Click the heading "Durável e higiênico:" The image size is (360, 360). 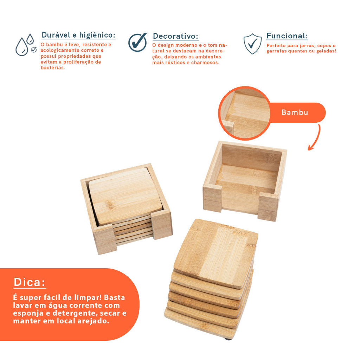point(78,35)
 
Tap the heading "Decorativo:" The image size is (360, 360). point(175,36)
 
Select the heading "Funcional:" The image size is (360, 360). point(287,36)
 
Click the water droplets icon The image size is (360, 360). point(26,45)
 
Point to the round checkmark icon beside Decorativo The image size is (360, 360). point(137,42)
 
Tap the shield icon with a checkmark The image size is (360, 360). point(252,44)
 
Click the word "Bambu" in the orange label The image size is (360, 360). point(295,112)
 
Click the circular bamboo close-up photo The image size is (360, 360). point(245,113)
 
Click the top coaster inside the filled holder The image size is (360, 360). point(125,196)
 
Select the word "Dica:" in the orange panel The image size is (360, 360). point(30,282)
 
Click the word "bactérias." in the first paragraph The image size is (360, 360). point(53,68)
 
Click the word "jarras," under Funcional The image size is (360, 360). point(306,46)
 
